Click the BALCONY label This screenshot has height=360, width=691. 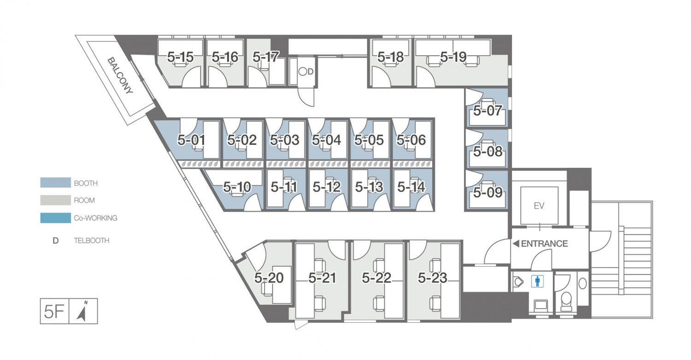pos(120,75)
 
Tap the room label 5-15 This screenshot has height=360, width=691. pos(181,57)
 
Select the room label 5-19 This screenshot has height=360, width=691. pos(453,57)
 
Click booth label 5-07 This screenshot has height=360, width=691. pos(488,111)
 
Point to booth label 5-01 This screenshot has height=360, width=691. pos(191,140)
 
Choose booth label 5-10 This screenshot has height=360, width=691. pos(237,187)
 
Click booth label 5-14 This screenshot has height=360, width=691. pos(411,187)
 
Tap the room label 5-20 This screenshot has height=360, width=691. pos(269,278)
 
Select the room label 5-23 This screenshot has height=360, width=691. pos(433,278)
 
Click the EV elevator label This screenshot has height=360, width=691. pos(539,206)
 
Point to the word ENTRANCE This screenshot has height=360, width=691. pos(545,244)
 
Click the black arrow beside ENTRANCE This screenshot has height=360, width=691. pos(516,243)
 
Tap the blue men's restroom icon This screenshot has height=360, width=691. pos(538,282)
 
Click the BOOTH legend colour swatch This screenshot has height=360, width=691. pos(56,183)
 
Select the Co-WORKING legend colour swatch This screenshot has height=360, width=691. pos(56,218)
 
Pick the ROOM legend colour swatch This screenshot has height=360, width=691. pos(56,200)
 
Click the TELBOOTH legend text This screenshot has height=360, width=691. pos(92,241)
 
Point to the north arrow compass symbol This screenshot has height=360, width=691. pos(82,312)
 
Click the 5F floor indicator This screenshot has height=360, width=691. pos(54,312)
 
